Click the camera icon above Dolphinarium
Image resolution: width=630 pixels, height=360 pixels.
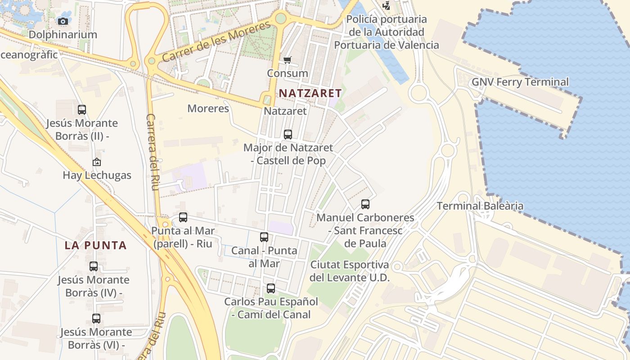click(63, 21)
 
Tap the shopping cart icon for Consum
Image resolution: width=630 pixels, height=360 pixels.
click(288, 60)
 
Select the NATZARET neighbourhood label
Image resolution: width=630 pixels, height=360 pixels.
click(310, 93)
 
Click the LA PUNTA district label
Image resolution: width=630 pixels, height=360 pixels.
click(95, 245)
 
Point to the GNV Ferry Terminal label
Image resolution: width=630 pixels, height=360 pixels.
click(520, 82)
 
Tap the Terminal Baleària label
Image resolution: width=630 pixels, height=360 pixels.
click(480, 206)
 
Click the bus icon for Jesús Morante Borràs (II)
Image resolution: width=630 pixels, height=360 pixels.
click(82, 109)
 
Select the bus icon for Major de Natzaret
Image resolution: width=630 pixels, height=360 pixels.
click(288, 134)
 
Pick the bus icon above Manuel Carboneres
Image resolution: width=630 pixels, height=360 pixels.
click(365, 204)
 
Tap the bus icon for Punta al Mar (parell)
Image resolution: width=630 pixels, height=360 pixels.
click(183, 217)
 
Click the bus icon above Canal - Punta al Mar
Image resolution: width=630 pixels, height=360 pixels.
click(264, 237)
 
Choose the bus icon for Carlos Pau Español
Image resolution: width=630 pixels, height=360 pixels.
click(271, 288)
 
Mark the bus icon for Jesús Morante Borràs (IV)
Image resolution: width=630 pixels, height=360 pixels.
click(94, 266)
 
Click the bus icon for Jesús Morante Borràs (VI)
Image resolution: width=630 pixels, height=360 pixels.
click(96, 319)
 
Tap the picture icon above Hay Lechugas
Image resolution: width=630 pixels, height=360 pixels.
click(97, 162)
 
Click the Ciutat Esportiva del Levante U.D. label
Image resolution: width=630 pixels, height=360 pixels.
click(350, 271)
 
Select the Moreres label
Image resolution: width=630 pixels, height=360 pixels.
click(208, 108)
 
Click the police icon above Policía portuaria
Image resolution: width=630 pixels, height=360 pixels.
click(386, 5)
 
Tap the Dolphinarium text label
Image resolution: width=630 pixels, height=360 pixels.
click(63, 35)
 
